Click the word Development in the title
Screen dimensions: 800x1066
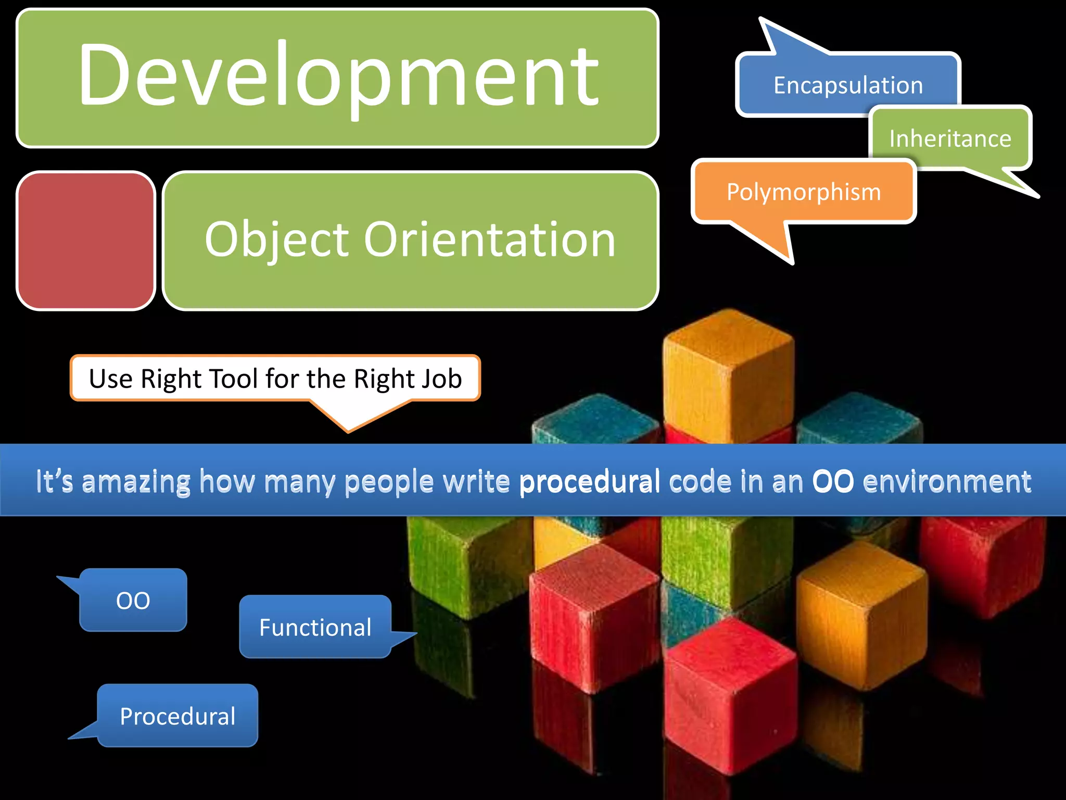pos(338,76)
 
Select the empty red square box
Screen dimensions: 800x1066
pos(86,241)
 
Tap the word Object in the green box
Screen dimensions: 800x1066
pos(276,240)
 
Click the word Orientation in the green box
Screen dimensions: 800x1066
pos(489,240)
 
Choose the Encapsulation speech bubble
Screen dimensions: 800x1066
pos(848,85)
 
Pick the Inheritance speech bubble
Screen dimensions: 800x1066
pos(950,139)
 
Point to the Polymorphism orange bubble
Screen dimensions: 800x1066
pos(804,192)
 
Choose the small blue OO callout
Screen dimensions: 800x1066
pos(133,601)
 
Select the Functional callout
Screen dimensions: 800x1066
pos(315,627)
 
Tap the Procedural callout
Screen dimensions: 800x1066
pos(177,716)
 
